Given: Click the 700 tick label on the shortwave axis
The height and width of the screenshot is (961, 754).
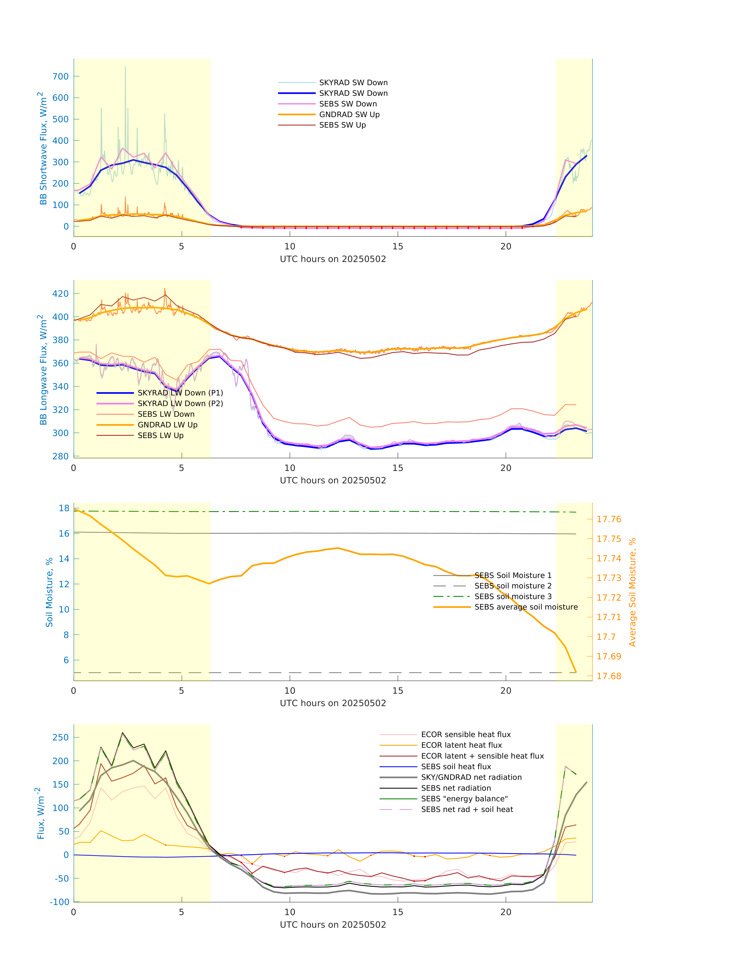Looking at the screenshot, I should click(x=61, y=76).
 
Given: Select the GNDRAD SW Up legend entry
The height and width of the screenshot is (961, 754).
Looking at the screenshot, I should click(x=349, y=114).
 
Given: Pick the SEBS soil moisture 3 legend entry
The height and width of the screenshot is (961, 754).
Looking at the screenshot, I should click(x=513, y=596).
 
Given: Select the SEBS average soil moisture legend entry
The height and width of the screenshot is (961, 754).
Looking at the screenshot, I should click(x=526, y=607).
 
